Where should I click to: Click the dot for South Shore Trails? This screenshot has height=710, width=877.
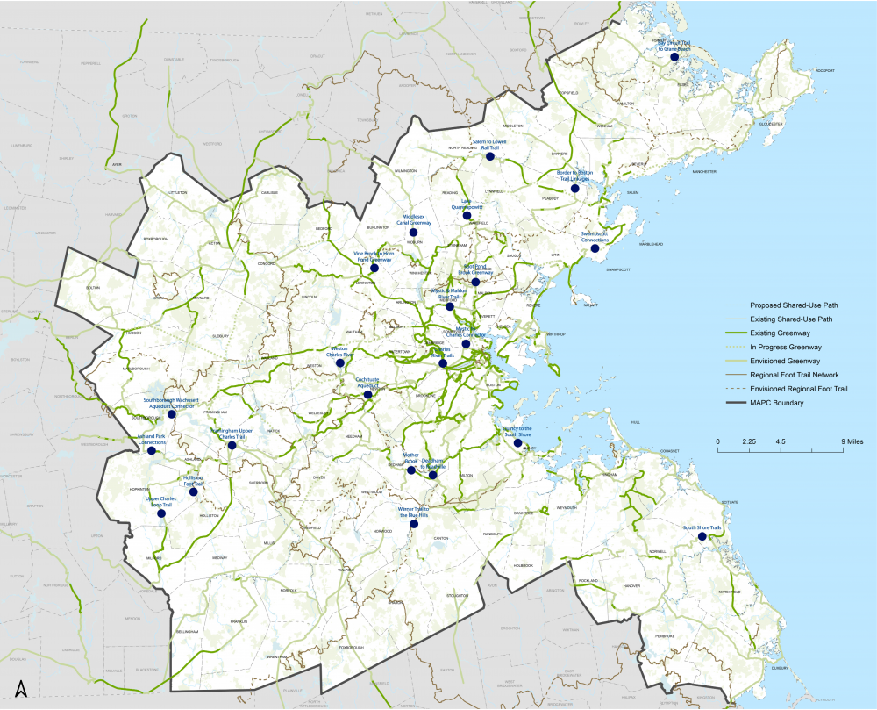(x=702, y=536)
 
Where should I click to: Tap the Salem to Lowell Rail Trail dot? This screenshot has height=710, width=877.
(x=491, y=158)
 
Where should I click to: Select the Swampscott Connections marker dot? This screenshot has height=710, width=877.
(x=595, y=249)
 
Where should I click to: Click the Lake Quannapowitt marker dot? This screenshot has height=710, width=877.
(x=467, y=215)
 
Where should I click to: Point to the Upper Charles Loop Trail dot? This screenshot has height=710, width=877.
(x=161, y=514)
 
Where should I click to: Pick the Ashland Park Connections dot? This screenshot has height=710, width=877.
(x=152, y=451)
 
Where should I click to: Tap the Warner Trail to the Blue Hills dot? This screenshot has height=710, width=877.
(x=414, y=525)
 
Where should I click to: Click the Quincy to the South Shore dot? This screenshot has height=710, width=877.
(x=517, y=443)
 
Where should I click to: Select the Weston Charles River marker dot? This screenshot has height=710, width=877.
(x=339, y=362)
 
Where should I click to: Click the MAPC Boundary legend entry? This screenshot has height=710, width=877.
(x=777, y=403)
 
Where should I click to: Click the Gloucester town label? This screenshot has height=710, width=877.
(x=773, y=124)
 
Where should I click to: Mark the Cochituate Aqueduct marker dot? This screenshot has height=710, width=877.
(x=367, y=395)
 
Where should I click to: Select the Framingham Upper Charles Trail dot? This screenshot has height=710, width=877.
(x=232, y=445)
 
